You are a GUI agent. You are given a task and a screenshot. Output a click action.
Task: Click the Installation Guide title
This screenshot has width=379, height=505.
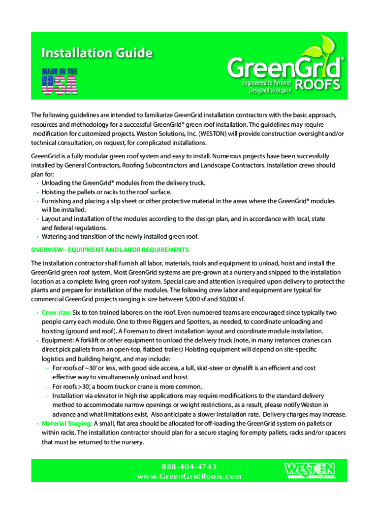click(96, 53)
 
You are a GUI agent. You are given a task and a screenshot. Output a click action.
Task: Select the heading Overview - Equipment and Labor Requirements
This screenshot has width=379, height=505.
click(110, 250)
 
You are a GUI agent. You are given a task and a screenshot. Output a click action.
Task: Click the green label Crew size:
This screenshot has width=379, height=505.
click(57, 312)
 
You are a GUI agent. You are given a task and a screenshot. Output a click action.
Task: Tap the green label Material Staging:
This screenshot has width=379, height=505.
click(67, 423)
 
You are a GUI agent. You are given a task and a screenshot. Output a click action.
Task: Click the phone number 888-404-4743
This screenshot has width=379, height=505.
click(189, 467)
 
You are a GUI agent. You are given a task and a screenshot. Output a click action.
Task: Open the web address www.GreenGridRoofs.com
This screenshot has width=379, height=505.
click(189, 476)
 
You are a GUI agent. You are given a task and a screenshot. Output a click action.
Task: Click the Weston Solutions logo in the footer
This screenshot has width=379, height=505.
click(310, 470)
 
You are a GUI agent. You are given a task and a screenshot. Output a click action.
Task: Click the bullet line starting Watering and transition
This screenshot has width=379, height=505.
click(127, 236)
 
